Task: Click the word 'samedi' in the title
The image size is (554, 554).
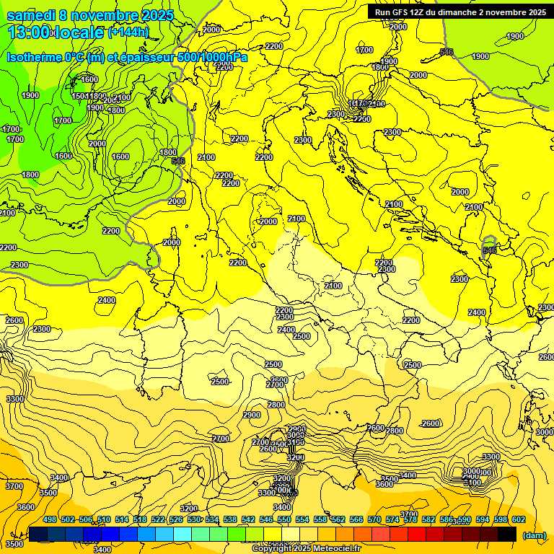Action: (x=32, y=15)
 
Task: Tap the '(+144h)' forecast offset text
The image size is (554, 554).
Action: (x=128, y=32)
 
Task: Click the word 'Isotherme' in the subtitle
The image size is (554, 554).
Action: (x=33, y=57)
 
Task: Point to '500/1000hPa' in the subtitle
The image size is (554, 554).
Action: (x=210, y=57)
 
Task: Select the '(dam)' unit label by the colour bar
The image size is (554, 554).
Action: (x=534, y=535)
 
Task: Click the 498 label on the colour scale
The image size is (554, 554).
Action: (x=50, y=519)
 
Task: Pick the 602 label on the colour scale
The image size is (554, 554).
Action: (x=519, y=519)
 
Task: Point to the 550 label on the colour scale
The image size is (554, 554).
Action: (x=284, y=519)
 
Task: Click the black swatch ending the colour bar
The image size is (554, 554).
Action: (x=507, y=534)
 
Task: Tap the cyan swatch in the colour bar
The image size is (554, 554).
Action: (x=183, y=534)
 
